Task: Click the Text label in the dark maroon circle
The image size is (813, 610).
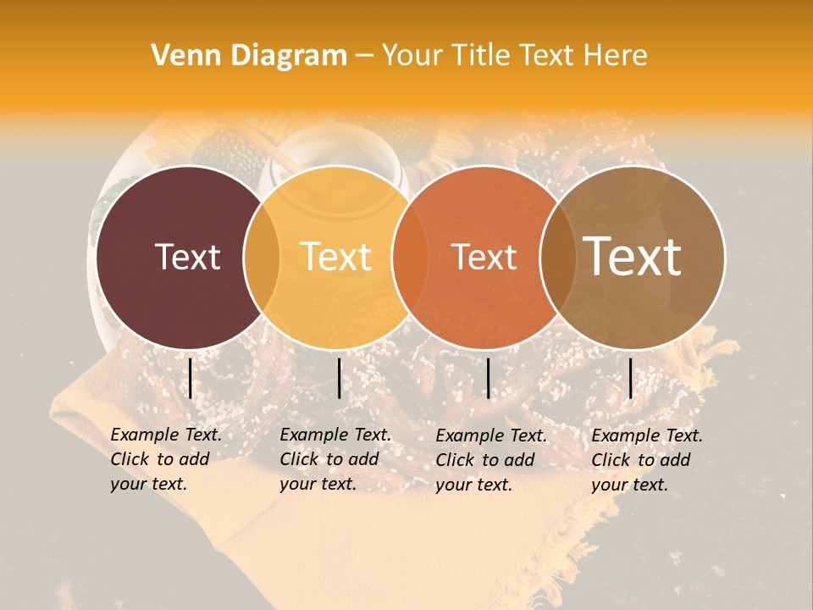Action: [x=187, y=257]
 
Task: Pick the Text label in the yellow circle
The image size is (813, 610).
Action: [x=335, y=257]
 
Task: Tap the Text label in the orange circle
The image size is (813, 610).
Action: [x=484, y=257]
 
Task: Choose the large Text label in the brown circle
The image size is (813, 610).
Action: [x=633, y=256]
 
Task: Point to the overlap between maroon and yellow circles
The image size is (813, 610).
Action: [x=262, y=257]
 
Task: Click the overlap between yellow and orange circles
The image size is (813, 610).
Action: [x=410, y=257]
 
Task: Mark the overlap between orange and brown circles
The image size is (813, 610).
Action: [x=558, y=257]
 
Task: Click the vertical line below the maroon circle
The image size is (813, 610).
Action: [x=191, y=378]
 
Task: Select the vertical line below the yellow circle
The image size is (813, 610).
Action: [x=339, y=378]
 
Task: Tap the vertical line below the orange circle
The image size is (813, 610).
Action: [x=488, y=378]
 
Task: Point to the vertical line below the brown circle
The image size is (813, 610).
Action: [x=631, y=378]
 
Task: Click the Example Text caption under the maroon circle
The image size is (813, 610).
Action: [x=165, y=459]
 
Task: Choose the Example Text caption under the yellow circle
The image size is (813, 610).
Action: [x=335, y=459]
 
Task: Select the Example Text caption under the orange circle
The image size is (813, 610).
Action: [x=490, y=460]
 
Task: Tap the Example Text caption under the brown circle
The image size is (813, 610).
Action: [x=646, y=460]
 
